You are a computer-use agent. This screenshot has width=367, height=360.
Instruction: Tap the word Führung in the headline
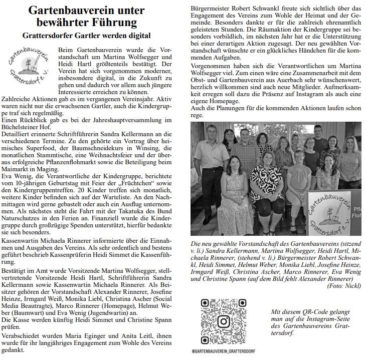[128, 23]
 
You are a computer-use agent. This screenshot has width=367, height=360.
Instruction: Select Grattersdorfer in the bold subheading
[52, 36]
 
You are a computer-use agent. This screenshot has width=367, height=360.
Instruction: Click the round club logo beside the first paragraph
[29, 65]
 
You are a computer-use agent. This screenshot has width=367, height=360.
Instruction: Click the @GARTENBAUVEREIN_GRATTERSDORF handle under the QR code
[223, 351]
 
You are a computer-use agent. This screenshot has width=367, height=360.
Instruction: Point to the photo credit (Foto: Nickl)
[343, 285]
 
